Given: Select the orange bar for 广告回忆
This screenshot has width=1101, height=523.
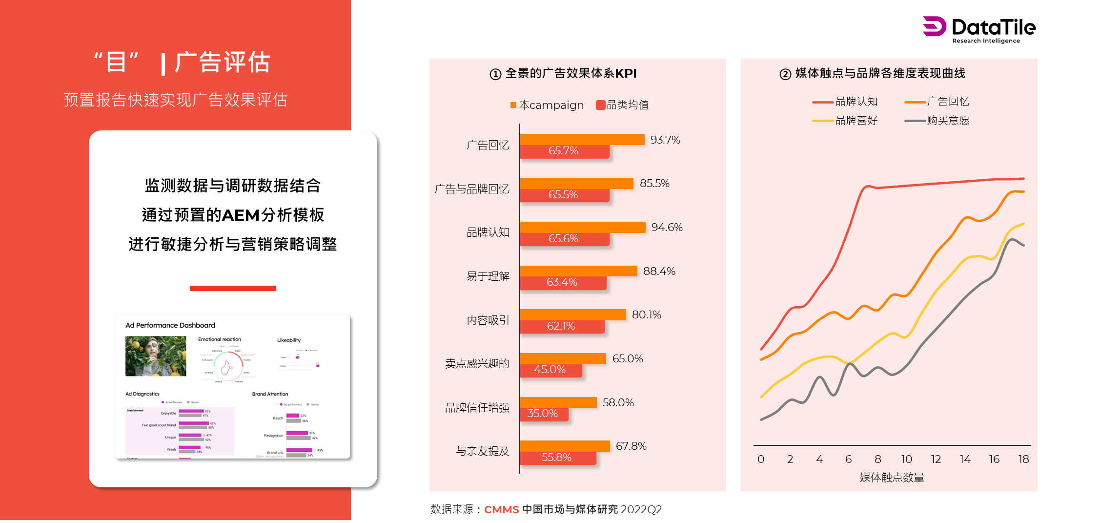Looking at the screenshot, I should tap(582, 140).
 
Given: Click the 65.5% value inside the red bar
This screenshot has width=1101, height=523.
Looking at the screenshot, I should tap(563, 195).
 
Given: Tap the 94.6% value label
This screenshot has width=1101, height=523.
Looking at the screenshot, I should tap(667, 228).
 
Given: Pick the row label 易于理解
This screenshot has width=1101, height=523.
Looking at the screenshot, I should tap(488, 276).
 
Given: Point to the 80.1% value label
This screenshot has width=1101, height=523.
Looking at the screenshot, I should tap(646, 315).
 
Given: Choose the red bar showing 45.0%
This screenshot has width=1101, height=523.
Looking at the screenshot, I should tap(550, 370).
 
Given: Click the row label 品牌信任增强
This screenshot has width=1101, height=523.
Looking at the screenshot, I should tap(477, 408).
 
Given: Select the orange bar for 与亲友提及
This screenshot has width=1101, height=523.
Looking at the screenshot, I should tap(565, 446).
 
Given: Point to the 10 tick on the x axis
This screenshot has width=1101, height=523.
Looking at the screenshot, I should tap(906, 460).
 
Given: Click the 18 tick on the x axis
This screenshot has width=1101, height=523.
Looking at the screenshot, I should tap(1023, 460).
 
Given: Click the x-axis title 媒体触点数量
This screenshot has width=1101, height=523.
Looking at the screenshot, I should tap(892, 478).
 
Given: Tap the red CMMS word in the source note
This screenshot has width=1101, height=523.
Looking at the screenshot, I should tap(501, 510).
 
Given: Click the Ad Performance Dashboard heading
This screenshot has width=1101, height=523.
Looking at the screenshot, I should tap(170, 325).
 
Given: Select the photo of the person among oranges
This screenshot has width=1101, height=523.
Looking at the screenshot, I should tap(156, 356).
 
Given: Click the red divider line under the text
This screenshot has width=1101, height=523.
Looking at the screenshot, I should tap(233, 288).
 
